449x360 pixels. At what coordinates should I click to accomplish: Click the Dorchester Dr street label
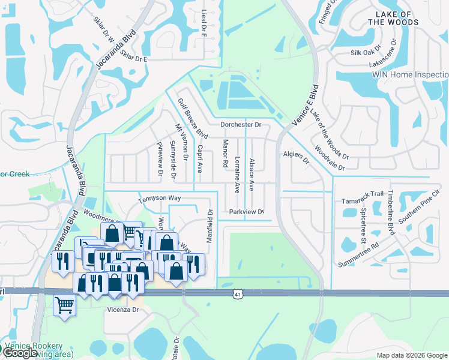[x=241, y=125]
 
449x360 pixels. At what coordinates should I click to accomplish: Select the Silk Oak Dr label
[x=366, y=52]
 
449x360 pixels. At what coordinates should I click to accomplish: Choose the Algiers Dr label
[x=295, y=158]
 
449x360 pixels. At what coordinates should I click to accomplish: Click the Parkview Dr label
[x=246, y=212]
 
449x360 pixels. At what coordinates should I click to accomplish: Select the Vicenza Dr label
[x=123, y=310]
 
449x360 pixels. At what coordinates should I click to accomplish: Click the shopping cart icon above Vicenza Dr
[x=64, y=305]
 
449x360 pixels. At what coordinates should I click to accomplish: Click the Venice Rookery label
[x=34, y=346]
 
